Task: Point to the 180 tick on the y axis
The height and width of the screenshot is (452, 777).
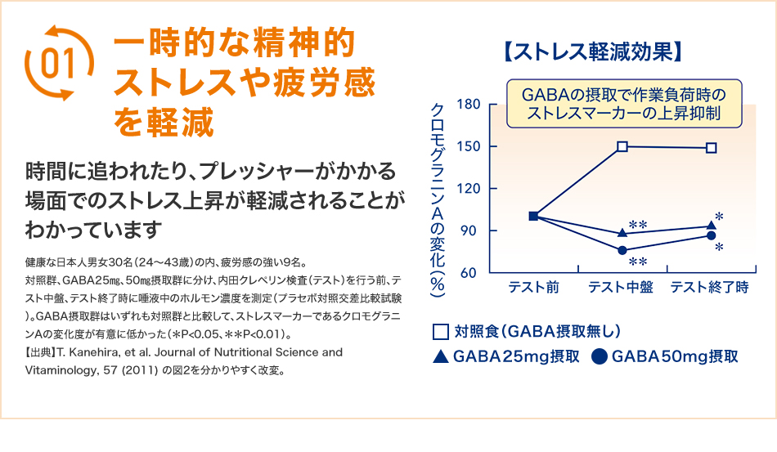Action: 469,105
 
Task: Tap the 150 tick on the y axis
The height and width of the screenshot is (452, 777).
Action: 469,147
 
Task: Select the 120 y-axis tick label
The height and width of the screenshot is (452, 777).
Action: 469,189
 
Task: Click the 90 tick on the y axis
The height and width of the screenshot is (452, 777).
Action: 472,231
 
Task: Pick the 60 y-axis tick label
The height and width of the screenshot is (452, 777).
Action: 472,273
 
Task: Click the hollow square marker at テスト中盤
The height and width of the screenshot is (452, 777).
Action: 622,147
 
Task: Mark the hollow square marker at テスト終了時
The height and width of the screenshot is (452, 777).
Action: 711,148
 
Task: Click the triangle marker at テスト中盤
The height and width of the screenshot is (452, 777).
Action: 622,232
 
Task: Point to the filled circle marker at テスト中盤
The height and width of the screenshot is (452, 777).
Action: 622,250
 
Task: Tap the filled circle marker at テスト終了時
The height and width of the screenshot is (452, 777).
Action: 711,236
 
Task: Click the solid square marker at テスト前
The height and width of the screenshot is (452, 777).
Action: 533,216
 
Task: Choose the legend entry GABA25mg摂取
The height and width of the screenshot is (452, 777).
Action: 505,356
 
